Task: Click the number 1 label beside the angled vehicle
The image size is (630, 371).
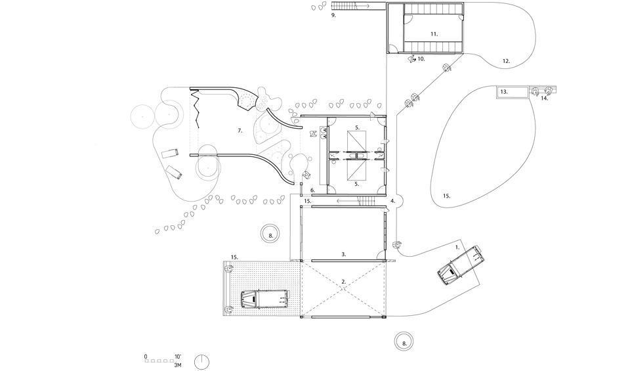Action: tap(457, 248)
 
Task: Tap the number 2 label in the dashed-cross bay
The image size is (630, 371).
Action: tap(343, 282)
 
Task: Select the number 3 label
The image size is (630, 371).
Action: tap(343, 253)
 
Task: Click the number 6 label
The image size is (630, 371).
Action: tap(313, 190)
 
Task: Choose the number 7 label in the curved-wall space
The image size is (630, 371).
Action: tap(241, 131)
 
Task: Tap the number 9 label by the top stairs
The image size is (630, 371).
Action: tap(333, 14)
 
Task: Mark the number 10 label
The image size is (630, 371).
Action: tap(421, 58)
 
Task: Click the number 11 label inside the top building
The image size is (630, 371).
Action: tap(434, 33)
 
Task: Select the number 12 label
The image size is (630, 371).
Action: tap(506, 61)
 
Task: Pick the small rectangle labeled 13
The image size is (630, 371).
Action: tap(513, 92)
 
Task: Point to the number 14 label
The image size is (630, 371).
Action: tap(544, 98)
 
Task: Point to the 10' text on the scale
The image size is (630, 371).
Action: tap(178, 357)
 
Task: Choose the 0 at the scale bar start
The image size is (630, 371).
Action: tap(146, 357)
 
